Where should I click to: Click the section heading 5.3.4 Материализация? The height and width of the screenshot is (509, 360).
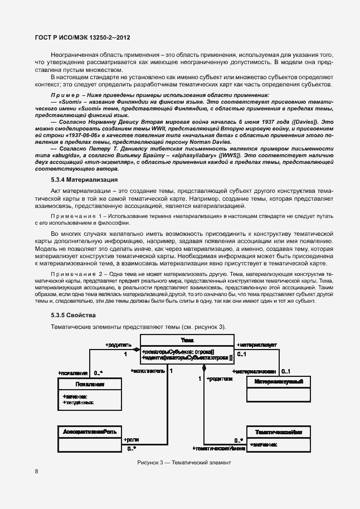coord(84,180)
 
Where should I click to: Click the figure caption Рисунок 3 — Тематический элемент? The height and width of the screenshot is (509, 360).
coord(184,463)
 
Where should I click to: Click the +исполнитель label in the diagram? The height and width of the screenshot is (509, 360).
coord(148,370)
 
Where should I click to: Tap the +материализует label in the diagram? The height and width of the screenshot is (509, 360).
coord(257,345)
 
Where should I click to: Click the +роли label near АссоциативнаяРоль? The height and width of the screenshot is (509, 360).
coord(131,440)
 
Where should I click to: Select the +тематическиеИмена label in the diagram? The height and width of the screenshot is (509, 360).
coord(218,448)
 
